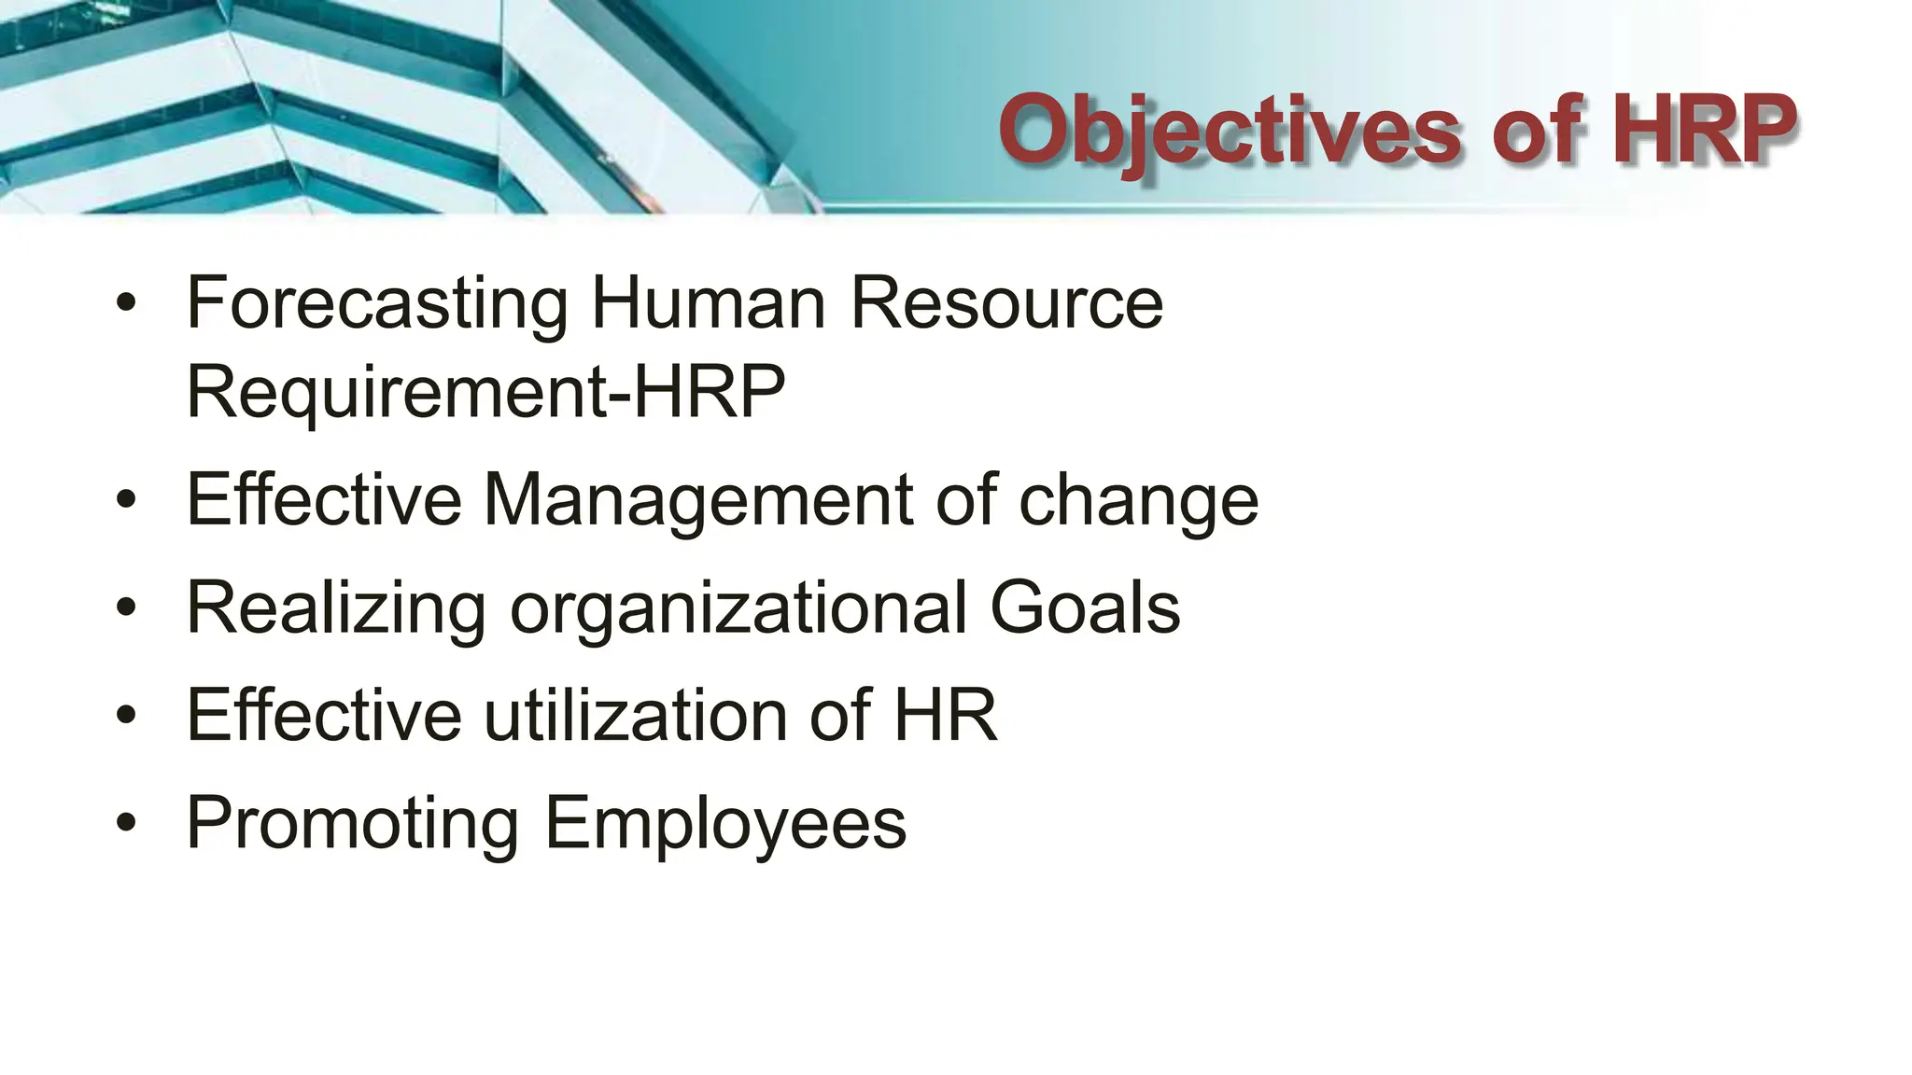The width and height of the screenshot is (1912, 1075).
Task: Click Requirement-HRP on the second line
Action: coord(485,392)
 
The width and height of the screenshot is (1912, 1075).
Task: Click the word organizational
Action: coord(738,609)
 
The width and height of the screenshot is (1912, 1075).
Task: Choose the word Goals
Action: coord(1085,607)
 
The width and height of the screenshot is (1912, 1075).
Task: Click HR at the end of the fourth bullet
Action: coord(946,716)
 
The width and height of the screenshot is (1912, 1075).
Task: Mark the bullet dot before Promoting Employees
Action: coord(127,824)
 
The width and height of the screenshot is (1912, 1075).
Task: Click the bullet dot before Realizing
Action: coord(127,608)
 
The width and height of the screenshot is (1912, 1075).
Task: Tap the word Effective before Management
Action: coord(323,500)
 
